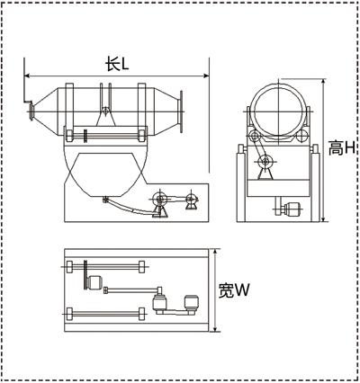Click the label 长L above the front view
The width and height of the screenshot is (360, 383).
pyautogui.click(x=117, y=64)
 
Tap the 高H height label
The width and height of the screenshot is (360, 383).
pyautogui.click(x=342, y=148)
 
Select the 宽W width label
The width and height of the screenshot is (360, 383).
pyautogui.click(x=234, y=290)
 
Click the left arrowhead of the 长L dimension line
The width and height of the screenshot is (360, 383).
pyautogui.click(x=27, y=76)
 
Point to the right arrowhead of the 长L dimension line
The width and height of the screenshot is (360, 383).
pyautogui.click(x=206, y=76)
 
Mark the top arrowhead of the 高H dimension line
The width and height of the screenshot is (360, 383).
pyautogui.click(x=323, y=82)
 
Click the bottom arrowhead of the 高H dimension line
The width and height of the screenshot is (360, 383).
pyautogui.click(x=323, y=219)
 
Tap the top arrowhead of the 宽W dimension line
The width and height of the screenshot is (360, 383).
pyautogui.click(x=215, y=252)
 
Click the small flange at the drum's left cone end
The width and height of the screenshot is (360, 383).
pyautogui.click(x=31, y=111)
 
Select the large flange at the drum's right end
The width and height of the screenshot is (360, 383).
pyautogui.click(x=181, y=111)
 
